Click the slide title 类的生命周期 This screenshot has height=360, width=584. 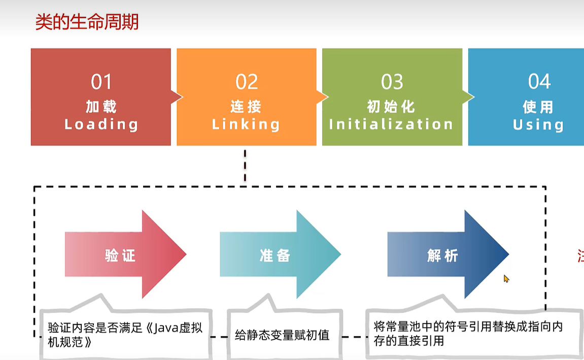click(87, 23)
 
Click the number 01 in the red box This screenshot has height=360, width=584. click(101, 82)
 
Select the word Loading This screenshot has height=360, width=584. click(101, 124)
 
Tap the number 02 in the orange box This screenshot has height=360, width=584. click(247, 82)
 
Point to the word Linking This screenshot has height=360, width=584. click(246, 124)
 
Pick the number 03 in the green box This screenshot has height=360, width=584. click(392, 82)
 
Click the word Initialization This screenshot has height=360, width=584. click(391, 124)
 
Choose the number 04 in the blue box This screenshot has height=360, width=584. click(539, 82)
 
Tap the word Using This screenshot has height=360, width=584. click(538, 125)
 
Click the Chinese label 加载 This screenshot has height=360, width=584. click(101, 107)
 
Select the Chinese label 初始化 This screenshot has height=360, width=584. click(391, 107)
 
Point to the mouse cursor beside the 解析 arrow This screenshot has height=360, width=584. click(506, 279)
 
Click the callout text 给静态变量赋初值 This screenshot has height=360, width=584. click(283, 335)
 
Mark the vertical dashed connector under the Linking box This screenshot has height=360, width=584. click(245, 166)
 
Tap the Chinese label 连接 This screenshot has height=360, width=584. click(246, 107)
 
